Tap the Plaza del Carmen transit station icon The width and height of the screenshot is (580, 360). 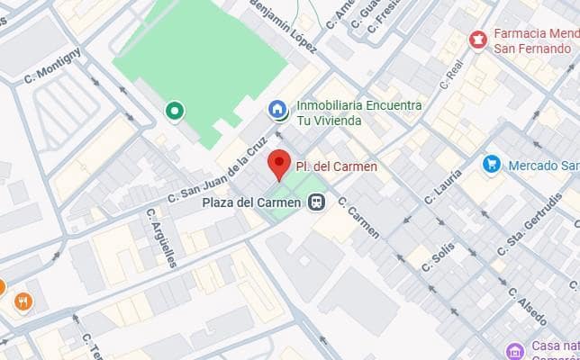[x=316, y=202]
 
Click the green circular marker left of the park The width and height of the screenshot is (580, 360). [x=175, y=111]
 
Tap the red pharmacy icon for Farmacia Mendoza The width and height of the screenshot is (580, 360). [x=477, y=40]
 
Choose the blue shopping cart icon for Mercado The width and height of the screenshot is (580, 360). [x=491, y=165]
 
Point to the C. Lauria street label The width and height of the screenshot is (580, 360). [x=447, y=186]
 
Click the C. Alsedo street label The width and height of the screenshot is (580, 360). [x=526, y=306]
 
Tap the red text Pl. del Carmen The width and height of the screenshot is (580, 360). [x=336, y=166]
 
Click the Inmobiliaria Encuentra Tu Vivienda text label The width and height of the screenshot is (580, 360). [x=358, y=113]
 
